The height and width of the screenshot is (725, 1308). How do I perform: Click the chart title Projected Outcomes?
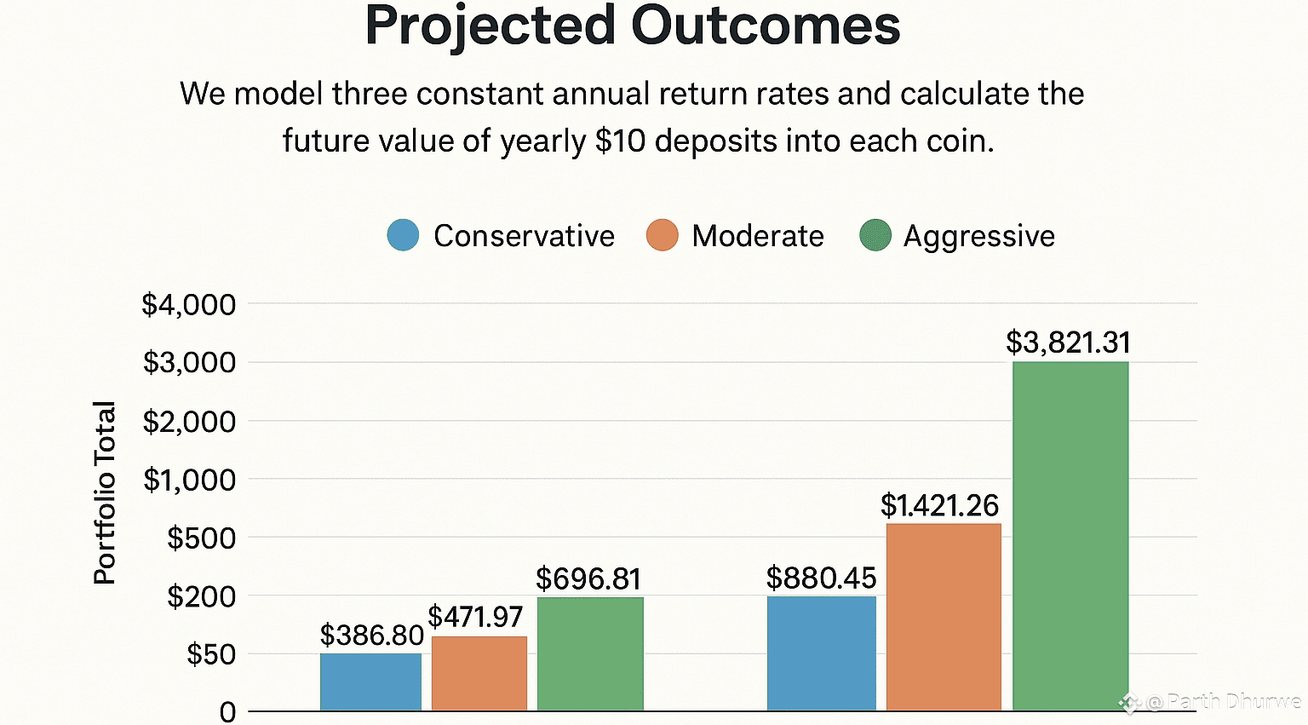tap(632, 26)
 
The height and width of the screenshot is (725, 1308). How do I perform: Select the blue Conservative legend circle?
tap(403, 235)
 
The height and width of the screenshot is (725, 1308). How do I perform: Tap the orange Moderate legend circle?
tap(662, 235)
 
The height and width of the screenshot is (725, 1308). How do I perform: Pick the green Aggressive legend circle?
tap(875, 235)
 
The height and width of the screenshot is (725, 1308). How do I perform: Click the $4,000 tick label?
tap(188, 304)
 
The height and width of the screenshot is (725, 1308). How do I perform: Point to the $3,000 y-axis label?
tap(188, 362)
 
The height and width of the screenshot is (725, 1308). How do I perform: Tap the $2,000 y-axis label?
tap(188, 421)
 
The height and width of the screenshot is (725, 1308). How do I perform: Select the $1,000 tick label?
tap(188, 480)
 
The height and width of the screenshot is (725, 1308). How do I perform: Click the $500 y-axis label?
tap(201, 538)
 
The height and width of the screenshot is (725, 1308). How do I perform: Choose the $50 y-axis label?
tap(211, 654)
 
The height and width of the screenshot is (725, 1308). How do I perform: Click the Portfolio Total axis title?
tap(104, 492)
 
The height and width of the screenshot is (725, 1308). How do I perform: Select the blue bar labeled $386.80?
tap(370, 682)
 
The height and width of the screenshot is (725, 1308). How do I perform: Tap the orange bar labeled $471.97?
tap(479, 673)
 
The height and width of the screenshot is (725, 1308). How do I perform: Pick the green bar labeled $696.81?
tap(590, 653)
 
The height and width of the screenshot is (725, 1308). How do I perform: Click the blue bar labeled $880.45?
tap(821, 653)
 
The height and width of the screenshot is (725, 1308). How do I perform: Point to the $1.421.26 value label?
tap(939, 505)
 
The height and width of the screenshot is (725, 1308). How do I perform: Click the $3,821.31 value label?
tap(1068, 342)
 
